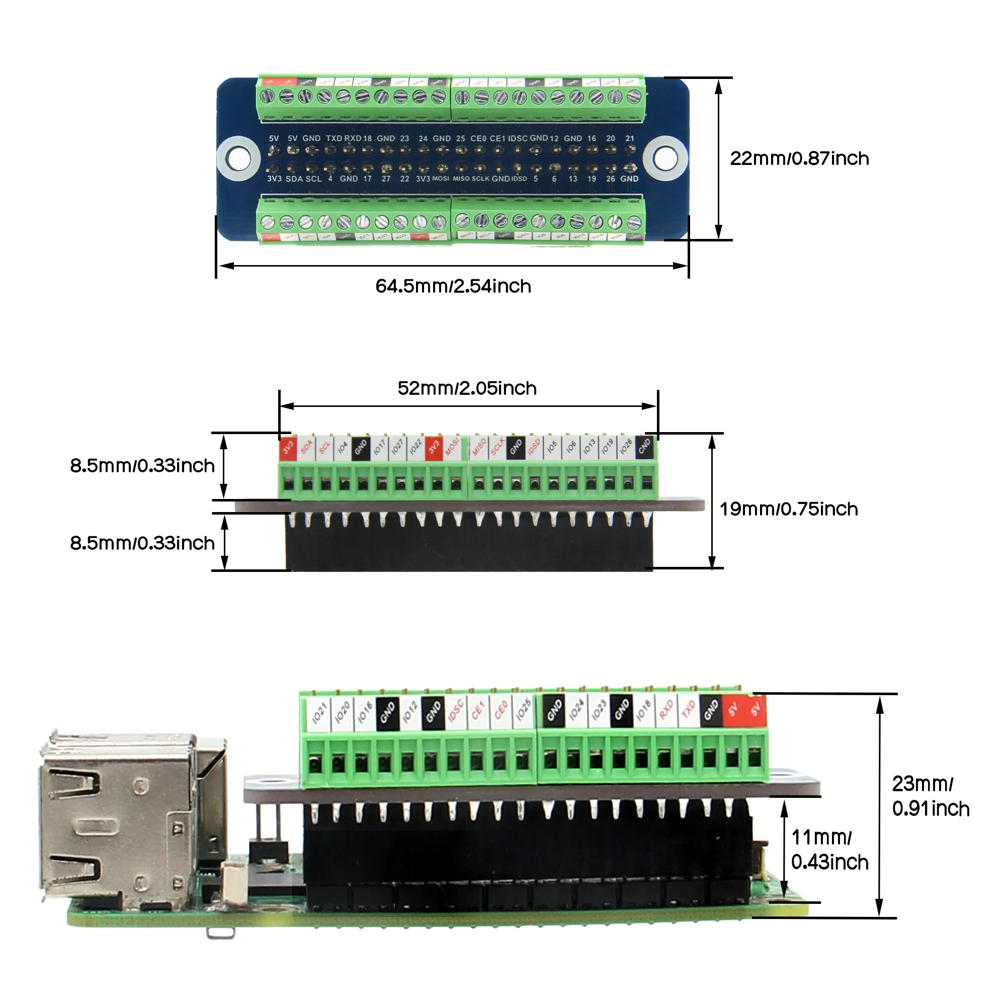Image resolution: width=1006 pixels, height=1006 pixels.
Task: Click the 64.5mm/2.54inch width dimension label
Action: click(x=453, y=286)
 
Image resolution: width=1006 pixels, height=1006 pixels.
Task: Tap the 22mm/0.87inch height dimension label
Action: click(x=799, y=158)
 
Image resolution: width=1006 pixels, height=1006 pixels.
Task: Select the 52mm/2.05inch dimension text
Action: click(x=467, y=388)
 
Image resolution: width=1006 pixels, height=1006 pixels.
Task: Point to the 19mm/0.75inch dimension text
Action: click(x=788, y=509)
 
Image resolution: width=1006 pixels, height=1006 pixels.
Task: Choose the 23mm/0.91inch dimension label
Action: click(x=930, y=796)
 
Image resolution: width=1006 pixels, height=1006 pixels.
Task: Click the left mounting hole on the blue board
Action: click(x=238, y=158)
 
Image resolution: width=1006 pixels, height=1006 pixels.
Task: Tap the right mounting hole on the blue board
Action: click(x=665, y=158)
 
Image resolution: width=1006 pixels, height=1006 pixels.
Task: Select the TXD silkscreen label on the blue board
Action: click(x=334, y=138)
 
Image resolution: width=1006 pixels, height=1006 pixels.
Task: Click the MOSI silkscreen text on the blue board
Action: click(x=441, y=179)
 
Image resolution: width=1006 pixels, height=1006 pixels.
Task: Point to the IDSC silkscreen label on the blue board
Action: click(x=518, y=138)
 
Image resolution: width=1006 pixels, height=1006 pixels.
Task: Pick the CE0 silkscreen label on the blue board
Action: click(x=478, y=138)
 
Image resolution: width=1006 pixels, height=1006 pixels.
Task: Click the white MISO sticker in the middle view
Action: click(x=478, y=448)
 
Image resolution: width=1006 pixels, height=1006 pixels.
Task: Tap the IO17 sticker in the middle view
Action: click(x=380, y=448)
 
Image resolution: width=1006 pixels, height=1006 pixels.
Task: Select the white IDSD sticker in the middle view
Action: click(x=534, y=448)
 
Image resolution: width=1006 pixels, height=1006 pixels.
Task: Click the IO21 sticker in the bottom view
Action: click(x=319, y=714)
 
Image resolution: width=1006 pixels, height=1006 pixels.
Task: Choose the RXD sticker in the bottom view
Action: click(x=666, y=710)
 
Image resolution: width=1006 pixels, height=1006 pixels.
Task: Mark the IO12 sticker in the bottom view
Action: click(x=410, y=712)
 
